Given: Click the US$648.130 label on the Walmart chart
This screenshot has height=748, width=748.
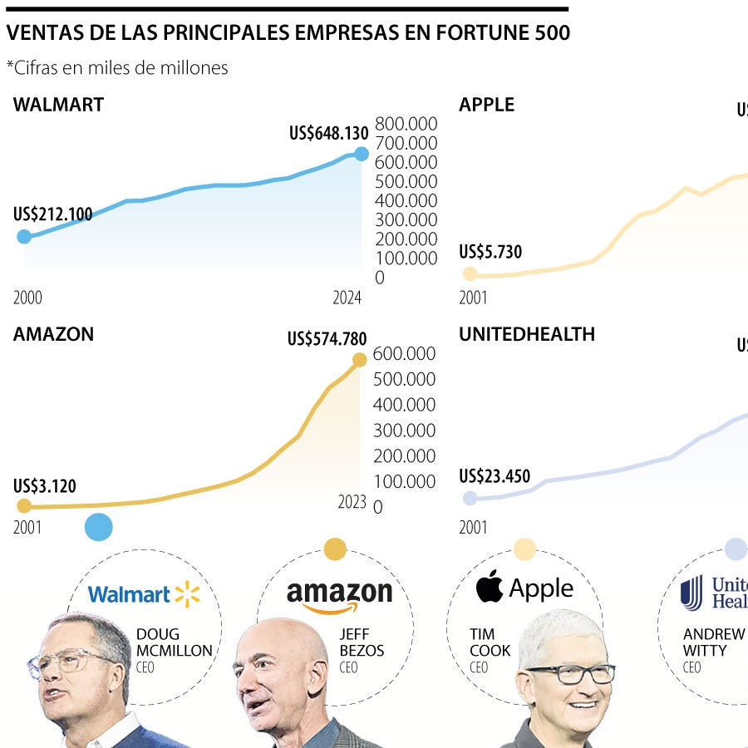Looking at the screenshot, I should (328, 133).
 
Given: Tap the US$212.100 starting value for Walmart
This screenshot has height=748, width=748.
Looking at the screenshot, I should (52, 214).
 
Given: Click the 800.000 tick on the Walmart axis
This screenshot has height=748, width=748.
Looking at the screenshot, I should (406, 124).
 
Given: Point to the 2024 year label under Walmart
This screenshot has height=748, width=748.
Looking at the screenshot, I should (347, 298).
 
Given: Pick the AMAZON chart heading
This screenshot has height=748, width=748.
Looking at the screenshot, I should (53, 334).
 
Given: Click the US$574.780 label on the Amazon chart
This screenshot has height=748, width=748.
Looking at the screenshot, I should (327, 338).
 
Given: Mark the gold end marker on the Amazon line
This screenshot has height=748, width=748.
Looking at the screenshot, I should (359, 360).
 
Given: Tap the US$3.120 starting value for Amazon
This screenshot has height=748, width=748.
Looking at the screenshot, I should (44, 485).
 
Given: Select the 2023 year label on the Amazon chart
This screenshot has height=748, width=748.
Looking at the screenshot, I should (352, 502).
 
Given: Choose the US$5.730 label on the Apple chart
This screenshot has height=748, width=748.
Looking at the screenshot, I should (490, 252).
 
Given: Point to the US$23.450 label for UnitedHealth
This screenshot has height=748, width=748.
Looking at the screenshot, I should (495, 476).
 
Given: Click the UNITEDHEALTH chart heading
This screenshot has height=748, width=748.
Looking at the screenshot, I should (527, 334).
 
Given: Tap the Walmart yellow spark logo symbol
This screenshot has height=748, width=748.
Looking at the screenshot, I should (187, 594).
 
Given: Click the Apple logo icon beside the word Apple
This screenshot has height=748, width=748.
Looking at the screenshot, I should (490, 587).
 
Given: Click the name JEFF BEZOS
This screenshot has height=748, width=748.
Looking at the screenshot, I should (362, 642).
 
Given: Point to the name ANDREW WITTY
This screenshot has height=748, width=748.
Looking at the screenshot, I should (714, 642).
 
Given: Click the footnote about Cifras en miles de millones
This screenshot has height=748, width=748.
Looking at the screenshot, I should (117, 68).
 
